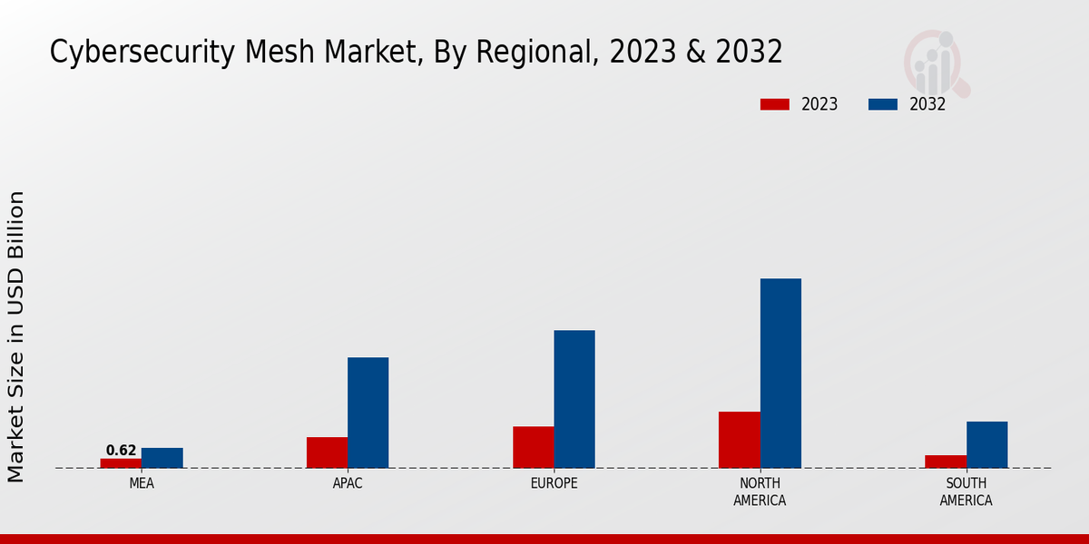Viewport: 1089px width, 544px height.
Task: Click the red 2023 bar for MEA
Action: [121, 463]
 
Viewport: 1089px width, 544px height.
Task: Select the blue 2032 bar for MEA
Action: [162, 458]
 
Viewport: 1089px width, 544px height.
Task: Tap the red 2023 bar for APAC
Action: [327, 452]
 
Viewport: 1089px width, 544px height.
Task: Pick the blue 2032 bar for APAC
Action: [368, 413]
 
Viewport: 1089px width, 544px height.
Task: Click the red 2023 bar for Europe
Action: [533, 447]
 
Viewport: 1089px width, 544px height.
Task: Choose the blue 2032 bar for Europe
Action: [574, 399]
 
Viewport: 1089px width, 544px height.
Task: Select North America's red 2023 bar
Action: [739, 440]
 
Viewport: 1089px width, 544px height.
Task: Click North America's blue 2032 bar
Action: [780, 373]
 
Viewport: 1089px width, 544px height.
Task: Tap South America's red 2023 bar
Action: [946, 461]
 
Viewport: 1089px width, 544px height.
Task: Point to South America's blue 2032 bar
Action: [986, 444]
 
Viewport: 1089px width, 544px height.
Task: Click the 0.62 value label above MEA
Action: [121, 451]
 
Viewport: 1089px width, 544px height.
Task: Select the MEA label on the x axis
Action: [142, 484]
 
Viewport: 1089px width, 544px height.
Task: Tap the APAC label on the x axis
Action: [348, 484]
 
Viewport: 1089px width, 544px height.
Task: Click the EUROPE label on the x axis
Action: [554, 484]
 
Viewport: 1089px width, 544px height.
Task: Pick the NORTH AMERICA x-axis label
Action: [760, 492]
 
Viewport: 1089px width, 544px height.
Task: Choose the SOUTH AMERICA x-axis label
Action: [966, 492]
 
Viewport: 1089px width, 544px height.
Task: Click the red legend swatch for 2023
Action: [775, 104]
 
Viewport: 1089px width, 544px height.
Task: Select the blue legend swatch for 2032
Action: [883, 104]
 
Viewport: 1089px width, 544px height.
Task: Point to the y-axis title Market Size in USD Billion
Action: [16, 336]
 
